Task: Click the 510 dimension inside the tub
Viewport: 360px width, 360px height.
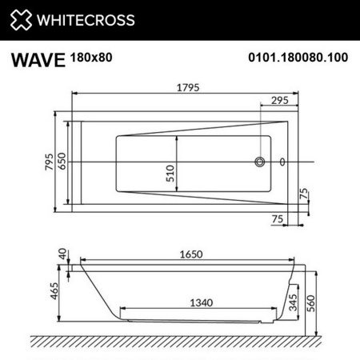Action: pyautogui.click(x=170, y=175)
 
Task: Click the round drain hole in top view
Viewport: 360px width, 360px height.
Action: pyautogui.click(x=259, y=162)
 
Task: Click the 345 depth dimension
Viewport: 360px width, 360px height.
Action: pyautogui.click(x=293, y=302)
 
